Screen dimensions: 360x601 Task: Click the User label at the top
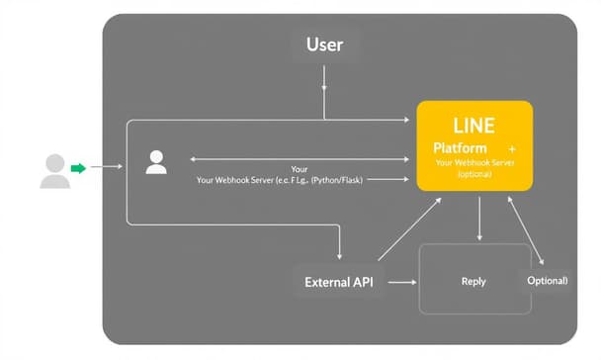pos(324,45)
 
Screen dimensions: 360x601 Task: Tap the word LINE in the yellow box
pos(473,126)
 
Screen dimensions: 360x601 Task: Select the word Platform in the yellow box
pos(460,147)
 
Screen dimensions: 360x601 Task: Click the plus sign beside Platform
pos(512,147)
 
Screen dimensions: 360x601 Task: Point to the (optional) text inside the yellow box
pos(474,174)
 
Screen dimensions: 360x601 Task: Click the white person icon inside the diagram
pos(156,162)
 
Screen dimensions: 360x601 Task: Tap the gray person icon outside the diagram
pos(54,171)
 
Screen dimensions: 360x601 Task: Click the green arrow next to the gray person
pos(78,168)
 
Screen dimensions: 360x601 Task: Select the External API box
pos(339,282)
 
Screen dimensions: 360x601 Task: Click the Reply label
pos(473,282)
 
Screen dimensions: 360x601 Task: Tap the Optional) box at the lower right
pos(547,281)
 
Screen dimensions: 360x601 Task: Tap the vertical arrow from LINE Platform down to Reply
pos(479,218)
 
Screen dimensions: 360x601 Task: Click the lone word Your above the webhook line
pos(300,169)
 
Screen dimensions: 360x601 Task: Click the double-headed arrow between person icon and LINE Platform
pos(297,157)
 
